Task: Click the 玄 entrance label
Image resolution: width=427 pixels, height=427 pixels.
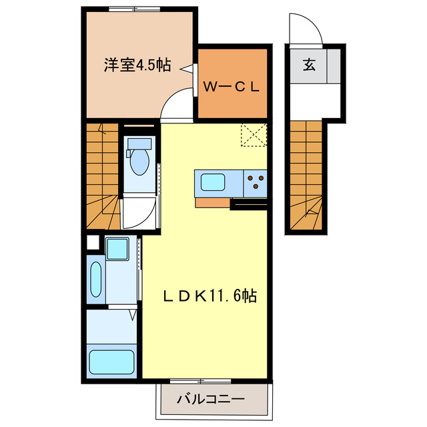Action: (309, 65)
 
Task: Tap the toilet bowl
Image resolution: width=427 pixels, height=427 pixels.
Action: (139, 161)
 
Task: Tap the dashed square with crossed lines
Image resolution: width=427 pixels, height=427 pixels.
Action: (254, 135)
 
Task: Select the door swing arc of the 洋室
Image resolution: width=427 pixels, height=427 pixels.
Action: (178, 105)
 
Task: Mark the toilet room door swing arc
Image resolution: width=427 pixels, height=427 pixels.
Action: (137, 213)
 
